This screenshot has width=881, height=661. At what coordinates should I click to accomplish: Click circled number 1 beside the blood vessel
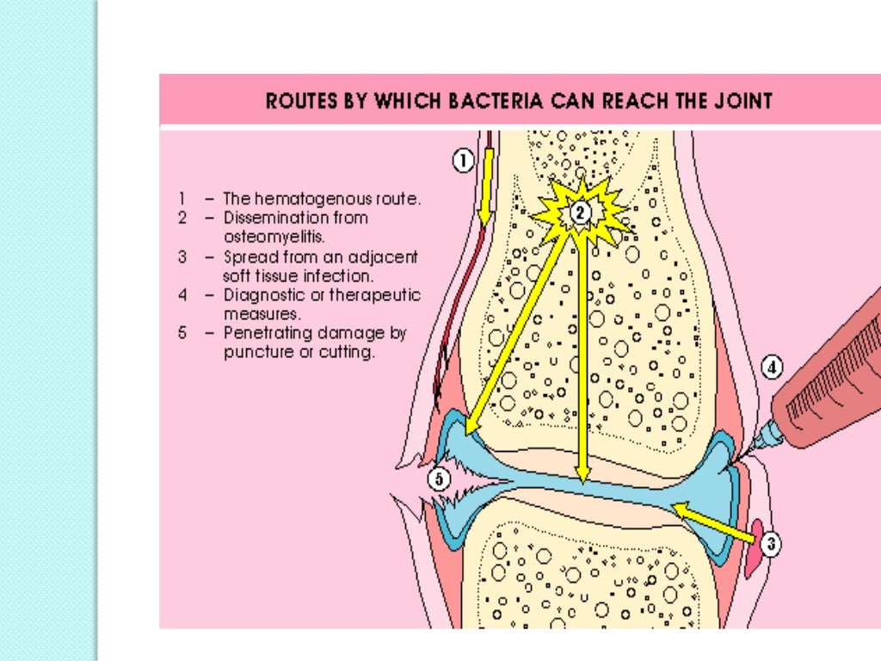[463, 161]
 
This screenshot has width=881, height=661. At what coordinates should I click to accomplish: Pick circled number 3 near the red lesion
[771, 543]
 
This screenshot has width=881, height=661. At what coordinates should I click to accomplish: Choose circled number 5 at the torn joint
[440, 480]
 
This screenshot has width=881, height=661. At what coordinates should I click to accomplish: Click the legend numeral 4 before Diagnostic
[182, 295]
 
